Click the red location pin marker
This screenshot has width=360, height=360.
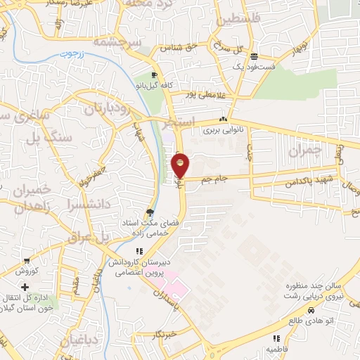[180, 166]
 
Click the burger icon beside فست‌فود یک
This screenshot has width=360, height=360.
[255, 56]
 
